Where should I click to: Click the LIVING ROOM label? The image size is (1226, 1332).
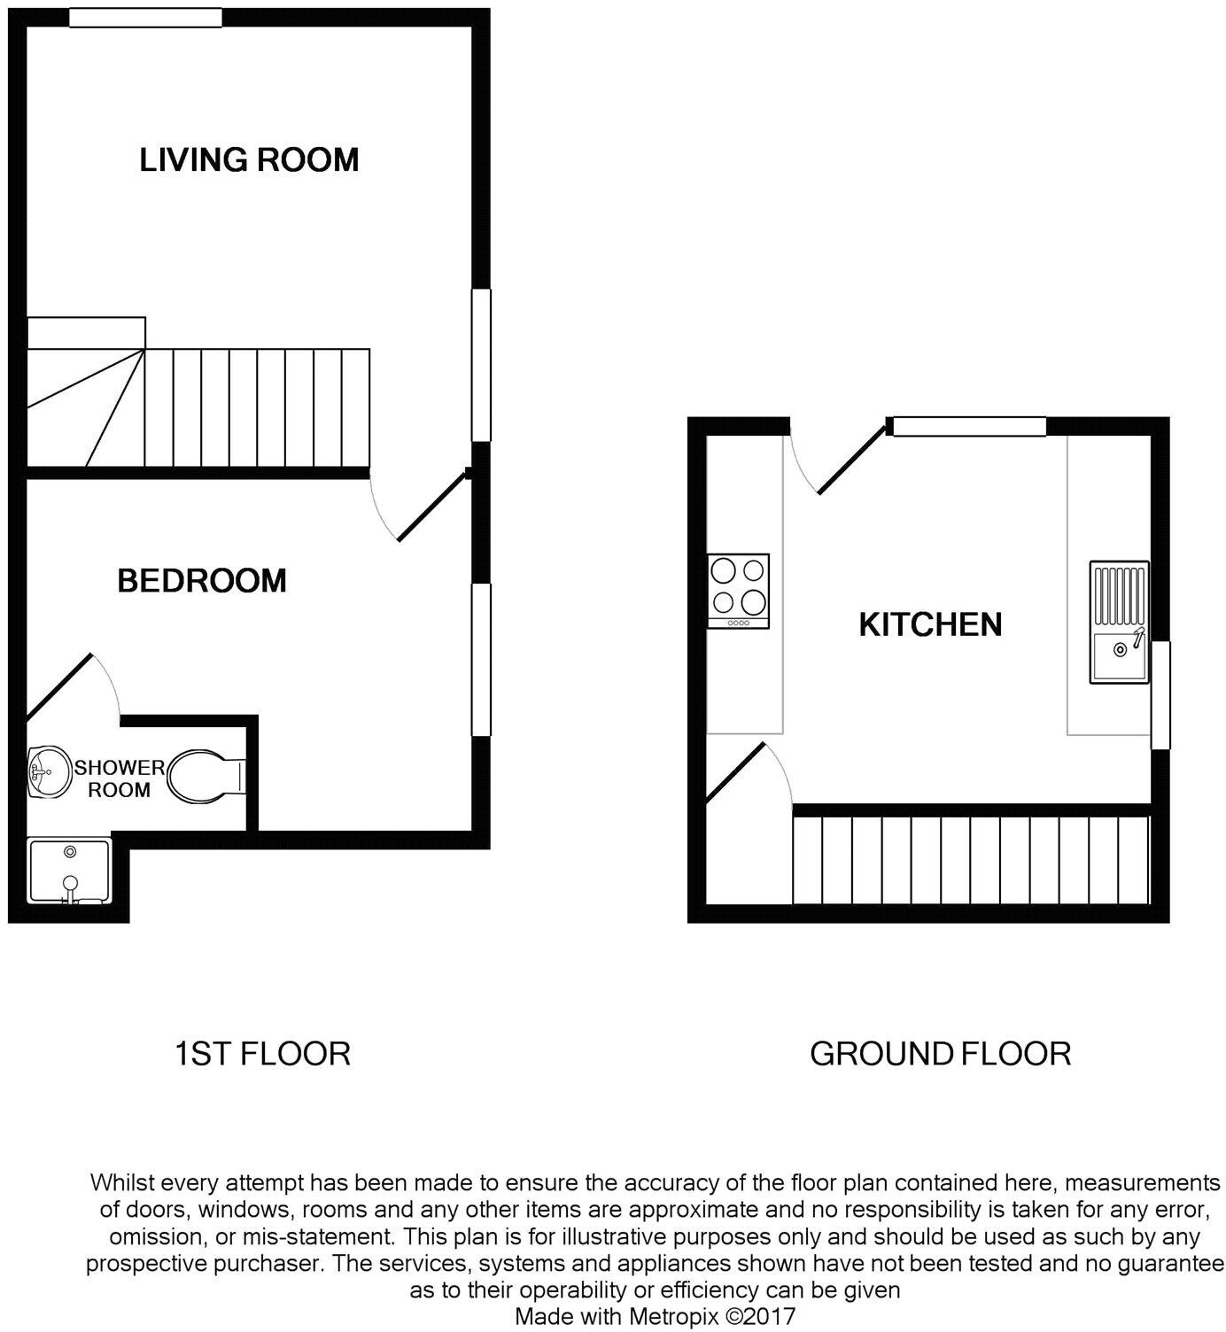pyautogui.click(x=249, y=160)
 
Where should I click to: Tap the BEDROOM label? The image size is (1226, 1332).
pyautogui.click(x=202, y=581)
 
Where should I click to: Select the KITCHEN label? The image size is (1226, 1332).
pyautogui.click(x=930, y=625)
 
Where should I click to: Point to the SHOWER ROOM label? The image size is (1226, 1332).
pyautogui.click(x=119, y=778)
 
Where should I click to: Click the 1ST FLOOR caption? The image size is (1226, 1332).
pyautogui.click(x=262, y=1054)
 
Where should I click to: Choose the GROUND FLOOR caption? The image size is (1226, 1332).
pyautogui.click(x=940, y=1054)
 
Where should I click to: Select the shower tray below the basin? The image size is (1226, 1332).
pyautogui.click(x=69, y=871)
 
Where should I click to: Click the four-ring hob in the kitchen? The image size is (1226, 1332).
pyautogui.click(x=739, y=590)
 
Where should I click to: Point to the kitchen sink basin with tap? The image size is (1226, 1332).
pyautogui.click(x=1119, y=650)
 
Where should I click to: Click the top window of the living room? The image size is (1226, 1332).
pyautogui.click(x=145, y=18)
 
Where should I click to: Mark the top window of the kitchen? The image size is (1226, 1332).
pyautogui.click(x=969, y=427)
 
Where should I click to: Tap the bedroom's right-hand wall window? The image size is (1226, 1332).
pyautogui.click(x=481, y=659)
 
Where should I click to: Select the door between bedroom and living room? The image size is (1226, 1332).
pyautogui.click(x=431, y=506)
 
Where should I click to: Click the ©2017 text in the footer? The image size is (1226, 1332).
pyautogui.click(x=760, y=1316)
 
